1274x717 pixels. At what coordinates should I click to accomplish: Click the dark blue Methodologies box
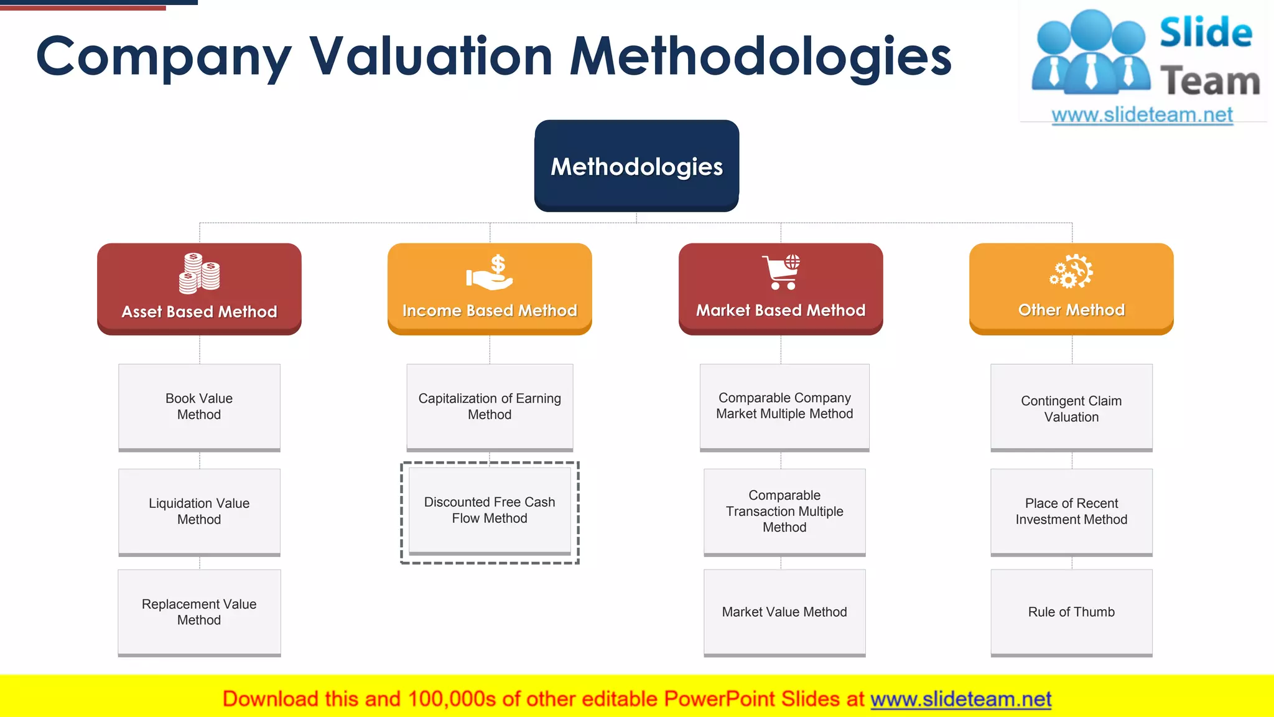(636, 166)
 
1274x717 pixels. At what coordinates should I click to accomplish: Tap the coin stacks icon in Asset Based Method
(199, 273)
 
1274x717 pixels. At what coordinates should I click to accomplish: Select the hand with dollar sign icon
(490, 273)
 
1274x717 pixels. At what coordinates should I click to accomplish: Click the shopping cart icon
(781, 272)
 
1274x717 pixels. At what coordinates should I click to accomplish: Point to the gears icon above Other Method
(1071, 271)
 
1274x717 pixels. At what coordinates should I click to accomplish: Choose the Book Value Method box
(199, 406)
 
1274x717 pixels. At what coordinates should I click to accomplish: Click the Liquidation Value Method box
(199, 511)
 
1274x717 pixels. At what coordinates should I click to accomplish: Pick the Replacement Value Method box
(199, 612)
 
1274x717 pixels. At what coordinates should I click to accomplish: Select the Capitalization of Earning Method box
(490, 406)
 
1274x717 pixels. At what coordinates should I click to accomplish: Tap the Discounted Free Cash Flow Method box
(490, 510)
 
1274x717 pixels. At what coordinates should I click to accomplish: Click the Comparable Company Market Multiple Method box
(784, 406)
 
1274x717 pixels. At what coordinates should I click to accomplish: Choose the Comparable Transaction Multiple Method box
(784, 511)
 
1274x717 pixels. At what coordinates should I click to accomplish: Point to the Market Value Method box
(784, 612)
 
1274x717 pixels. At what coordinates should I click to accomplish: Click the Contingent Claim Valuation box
(1071, 408)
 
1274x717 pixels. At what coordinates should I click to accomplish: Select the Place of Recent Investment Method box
(1071, 511)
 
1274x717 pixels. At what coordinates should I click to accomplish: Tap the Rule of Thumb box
(1071, 612)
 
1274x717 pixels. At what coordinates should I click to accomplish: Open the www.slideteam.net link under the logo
(1142, 115)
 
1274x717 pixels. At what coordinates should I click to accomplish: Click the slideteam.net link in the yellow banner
(960, 699)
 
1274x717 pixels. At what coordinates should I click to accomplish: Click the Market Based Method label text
(781, 310)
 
